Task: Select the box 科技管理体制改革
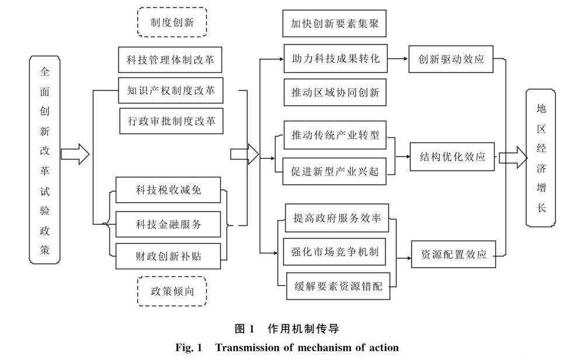(171, 60)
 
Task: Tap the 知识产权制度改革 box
(171, 91)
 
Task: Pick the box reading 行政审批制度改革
(171, 122)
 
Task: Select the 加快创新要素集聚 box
(335, 24)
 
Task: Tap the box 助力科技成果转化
(335, 59)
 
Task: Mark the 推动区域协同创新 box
(335, 92)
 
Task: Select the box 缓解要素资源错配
(338, 285)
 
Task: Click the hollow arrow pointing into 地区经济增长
(512, 157)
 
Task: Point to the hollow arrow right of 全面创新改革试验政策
(75, 154)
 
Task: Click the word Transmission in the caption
(251, 348)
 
